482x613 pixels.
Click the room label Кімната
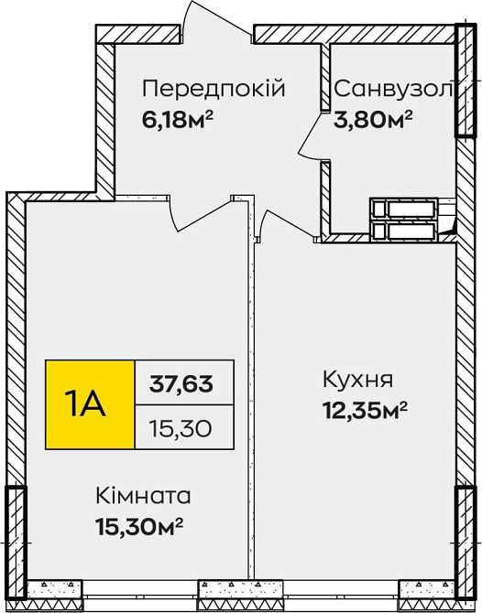coord(144,497)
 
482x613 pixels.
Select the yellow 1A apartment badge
coord(88,403)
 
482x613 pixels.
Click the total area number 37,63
coord(181,382)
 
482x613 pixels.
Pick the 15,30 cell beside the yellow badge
coord(181,425)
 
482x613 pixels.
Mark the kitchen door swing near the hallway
coord(275,224)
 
